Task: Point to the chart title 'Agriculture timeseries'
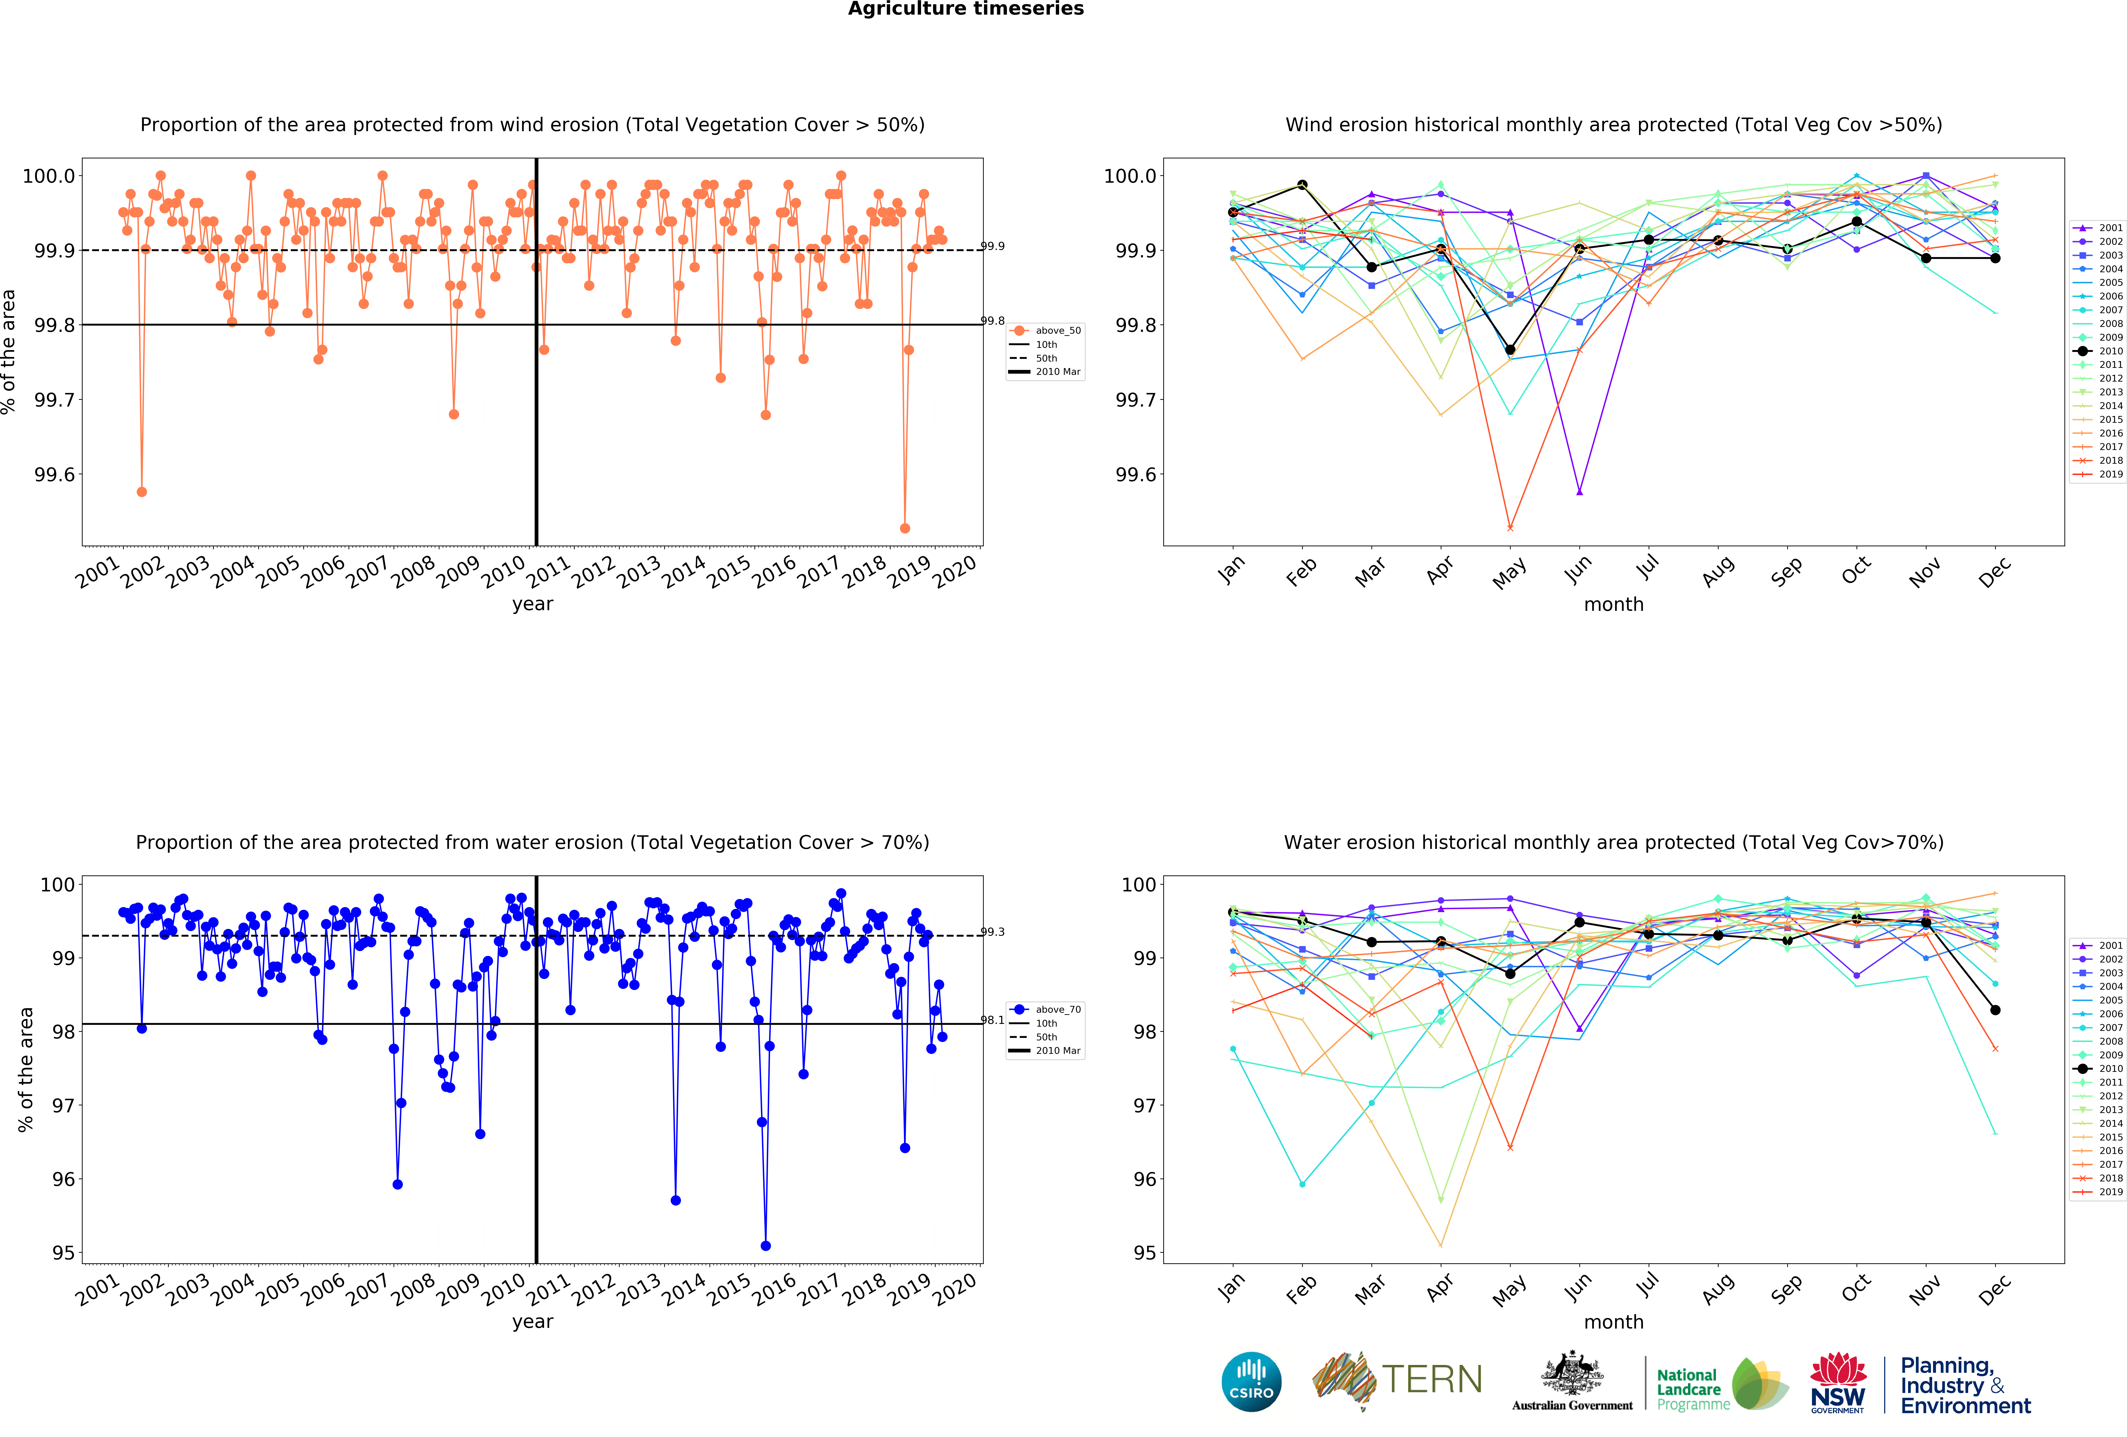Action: pos(966,9)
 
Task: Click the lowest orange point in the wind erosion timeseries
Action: pos(905,528)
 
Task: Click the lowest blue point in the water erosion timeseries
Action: pos(766,1246)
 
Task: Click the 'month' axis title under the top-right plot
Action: pos(1614,604)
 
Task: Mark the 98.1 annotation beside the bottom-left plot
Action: pos(992,1020)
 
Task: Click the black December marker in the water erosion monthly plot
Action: pos(1995,1010)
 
